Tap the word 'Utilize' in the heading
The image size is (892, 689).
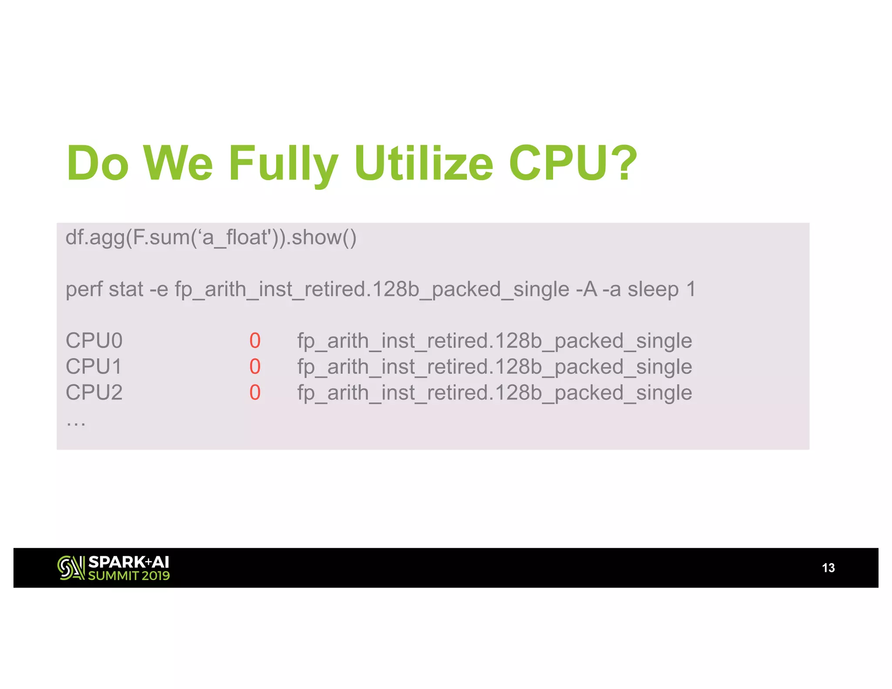[x=423, y=163]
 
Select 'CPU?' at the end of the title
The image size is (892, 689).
[x=573, y=163]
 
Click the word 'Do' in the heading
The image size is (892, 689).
[x=98, y=163]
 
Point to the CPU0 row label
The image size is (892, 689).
[x=94, y=341]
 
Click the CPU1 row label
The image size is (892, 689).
[x=94, y=367]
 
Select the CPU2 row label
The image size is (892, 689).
[x=94, y=393]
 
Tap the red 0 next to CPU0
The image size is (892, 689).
[x=255, y=341]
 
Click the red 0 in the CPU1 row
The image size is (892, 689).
[x=255, y=367]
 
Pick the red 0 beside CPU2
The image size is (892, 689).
[x=255, y=393]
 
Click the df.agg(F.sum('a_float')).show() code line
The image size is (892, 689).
[x=211, y=238]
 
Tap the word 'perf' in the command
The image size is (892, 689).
[x=83, y=290]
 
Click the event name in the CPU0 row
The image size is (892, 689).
[x=494, y=341]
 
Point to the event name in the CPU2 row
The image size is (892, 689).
[x=494, y=393]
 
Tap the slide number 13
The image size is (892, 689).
[x=828, y=568]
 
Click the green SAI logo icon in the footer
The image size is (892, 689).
[x=71, y=568]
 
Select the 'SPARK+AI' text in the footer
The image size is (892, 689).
[x=128, y=562]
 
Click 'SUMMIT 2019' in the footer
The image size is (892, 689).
[x=129, y=576]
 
